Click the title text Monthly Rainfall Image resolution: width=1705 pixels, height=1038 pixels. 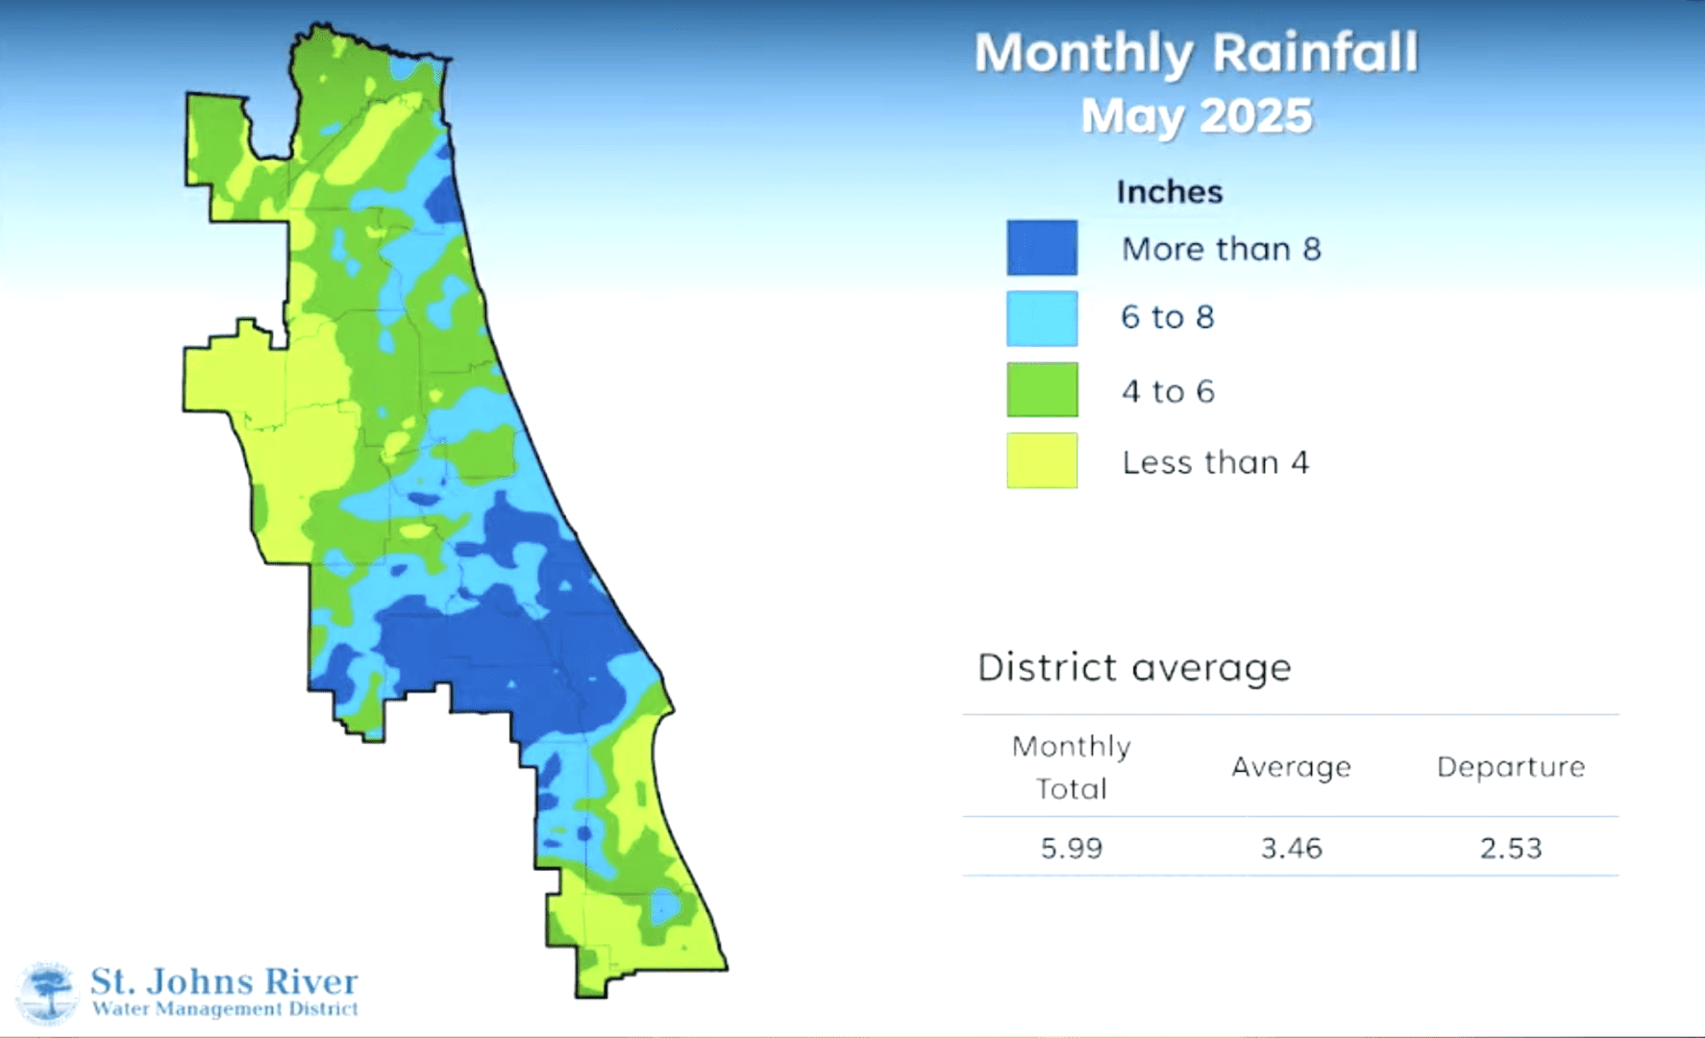coord(1196,54)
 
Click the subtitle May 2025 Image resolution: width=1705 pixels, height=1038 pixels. coord(1196,116)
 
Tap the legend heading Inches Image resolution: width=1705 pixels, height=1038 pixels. coord(1169,192)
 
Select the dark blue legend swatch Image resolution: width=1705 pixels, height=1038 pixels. coord(1042,248)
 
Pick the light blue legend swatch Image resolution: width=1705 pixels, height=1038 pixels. coord(1042,318)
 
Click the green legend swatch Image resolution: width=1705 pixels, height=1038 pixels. coord(1042,389)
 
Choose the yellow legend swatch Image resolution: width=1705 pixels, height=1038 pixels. coord(1042,460)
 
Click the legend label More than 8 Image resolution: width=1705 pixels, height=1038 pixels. coord(1221,250)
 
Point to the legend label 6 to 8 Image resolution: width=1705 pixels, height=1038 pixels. coord(1167,317)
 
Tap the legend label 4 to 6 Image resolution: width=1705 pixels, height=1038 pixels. coord(1167,391)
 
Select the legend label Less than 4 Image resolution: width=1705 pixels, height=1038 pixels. coord(1215,462)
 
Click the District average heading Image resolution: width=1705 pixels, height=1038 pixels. coord(1134,667)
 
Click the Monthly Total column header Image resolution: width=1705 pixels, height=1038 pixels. coord(1071,767)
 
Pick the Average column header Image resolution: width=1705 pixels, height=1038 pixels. coord(1291,767)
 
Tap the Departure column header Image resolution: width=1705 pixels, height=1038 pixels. coord(1510,767)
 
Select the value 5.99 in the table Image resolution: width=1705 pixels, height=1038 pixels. coord(1071,848)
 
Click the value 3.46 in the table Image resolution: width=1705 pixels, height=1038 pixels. coord(1291,848)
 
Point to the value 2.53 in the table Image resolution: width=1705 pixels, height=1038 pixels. coord(1510,848)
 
